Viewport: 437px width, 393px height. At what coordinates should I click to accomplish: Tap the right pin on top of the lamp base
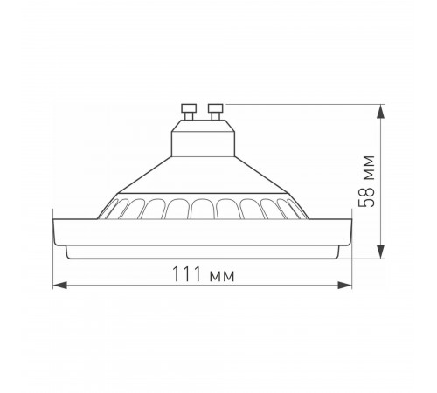[213, 110]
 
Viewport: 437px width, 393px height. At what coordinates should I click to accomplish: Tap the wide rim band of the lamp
[202, 231]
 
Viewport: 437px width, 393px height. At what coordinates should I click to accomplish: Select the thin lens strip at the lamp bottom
[202, 252]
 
